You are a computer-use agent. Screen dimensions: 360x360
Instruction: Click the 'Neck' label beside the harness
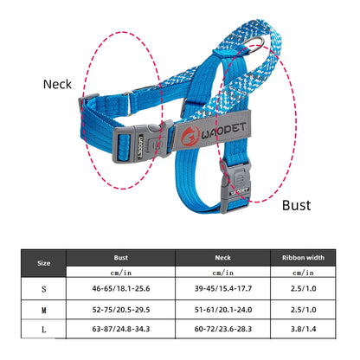pyautogui.click(x=57, y=84)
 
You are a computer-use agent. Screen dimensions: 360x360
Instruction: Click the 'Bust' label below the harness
pyautogui.click(x=296, y=205)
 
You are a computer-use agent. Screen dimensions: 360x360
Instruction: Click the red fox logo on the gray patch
pyautogui.click(x=190, y=136)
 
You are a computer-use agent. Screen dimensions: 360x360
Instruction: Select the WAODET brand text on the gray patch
pyautogui.click(x=223, y=131)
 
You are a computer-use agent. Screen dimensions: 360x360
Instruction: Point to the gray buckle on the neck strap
pyautogui.click(x=144, y=143)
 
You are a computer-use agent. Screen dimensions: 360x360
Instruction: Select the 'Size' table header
pyautogui.click(x=43, y=263)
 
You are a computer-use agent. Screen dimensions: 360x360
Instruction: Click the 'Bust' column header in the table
pyautogui.click(x=121, y=257)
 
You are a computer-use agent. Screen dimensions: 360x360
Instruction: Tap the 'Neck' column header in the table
pyautogui.click(x=222, y=257)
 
